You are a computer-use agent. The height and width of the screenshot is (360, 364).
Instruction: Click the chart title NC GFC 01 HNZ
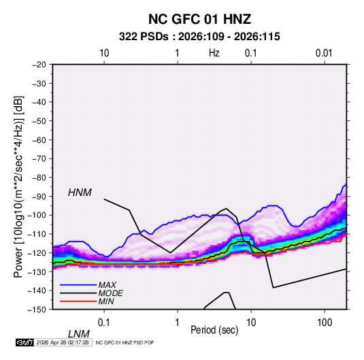199,19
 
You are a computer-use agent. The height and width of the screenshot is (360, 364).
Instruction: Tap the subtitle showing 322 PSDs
199,37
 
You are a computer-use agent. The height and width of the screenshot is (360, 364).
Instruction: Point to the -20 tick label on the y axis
39,65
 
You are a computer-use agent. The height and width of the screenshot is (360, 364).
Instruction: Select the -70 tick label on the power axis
39,159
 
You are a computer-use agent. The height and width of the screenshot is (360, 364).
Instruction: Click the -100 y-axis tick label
37,215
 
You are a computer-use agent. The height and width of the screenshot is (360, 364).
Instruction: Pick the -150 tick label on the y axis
37,310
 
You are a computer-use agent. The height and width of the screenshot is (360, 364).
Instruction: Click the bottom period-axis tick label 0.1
104,323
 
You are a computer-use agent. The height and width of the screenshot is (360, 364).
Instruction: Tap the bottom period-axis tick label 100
325,323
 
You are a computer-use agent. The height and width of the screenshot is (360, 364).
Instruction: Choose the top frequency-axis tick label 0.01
324,53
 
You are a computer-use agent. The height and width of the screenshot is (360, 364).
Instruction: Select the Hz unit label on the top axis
214,53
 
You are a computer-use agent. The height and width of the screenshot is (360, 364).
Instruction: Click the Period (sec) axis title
214,330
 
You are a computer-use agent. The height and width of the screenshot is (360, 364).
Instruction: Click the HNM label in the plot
80,193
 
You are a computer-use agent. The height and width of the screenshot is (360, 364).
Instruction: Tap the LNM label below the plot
79,334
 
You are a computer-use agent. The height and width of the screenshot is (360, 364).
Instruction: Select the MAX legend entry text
107,285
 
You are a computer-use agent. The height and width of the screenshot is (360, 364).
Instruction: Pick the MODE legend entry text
110,293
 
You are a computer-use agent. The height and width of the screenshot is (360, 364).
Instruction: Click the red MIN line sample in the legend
78,301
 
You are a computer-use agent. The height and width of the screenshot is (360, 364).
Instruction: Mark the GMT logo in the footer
24,342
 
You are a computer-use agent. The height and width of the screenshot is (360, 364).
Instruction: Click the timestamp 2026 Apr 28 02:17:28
63,342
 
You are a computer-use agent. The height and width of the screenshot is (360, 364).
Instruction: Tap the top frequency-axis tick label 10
104,53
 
